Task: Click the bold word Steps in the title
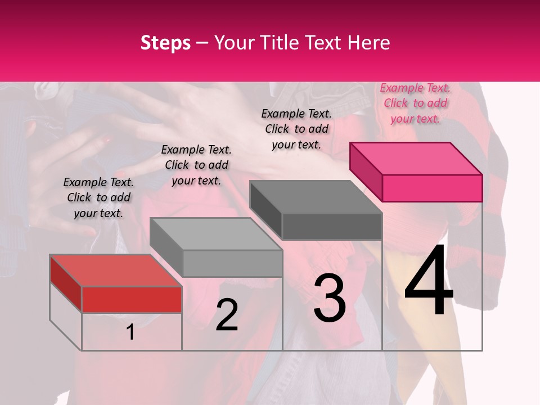pos(165,43)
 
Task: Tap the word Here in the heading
pos(369,43)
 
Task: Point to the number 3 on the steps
pos(330,299)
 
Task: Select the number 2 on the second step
pos(227,315)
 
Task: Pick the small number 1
pos(130,332)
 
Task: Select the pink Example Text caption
pos(415,103)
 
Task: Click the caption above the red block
pos(98,197)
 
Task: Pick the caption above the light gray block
pos(196,165)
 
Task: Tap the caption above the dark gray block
pos(296,129)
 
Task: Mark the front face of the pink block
pos(432,188)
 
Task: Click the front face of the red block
pos(132,299)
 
